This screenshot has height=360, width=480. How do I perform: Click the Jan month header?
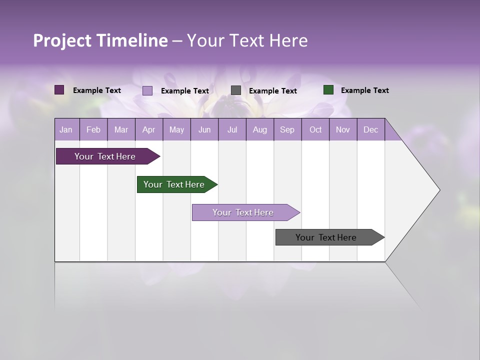(x=66, y=129)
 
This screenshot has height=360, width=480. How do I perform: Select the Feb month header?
(x=93, y=129)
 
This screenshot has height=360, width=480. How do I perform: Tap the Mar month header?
(x=121, y=129)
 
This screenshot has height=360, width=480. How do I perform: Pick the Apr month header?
(x=149, y=129)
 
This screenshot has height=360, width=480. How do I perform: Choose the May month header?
(x=176, y=129)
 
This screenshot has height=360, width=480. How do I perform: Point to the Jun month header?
(x=204, y=129)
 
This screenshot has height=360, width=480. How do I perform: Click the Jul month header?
(x=232, y=129)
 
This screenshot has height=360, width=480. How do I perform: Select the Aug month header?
(x=260, y=129)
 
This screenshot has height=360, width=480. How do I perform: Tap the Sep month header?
(x=287, y=129)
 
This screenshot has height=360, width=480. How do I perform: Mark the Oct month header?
(x=315, y=129)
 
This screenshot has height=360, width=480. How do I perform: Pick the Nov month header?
(x=343, y=129)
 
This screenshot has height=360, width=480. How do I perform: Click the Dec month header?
(x=371, y=129)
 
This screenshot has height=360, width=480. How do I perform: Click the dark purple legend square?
(x=59, y=90)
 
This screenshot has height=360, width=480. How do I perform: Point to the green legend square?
(x=328, y=90)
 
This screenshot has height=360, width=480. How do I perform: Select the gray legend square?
(x=236, y=90)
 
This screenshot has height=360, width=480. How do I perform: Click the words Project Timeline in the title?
(x=100, y=40)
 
